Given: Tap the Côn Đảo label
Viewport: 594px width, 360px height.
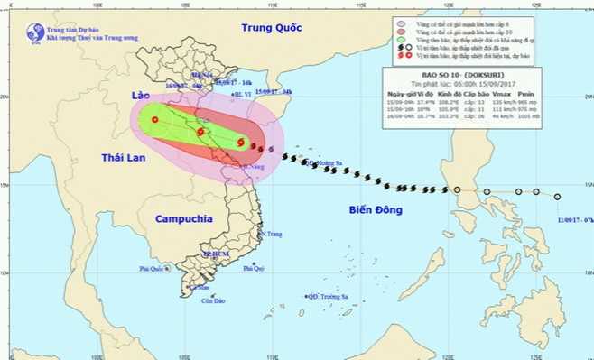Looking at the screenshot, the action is coord(214,300).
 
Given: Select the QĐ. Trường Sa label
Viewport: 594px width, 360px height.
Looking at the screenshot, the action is coord(328,296).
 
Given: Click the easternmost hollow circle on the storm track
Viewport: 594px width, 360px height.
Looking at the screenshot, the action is coord(557,197).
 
